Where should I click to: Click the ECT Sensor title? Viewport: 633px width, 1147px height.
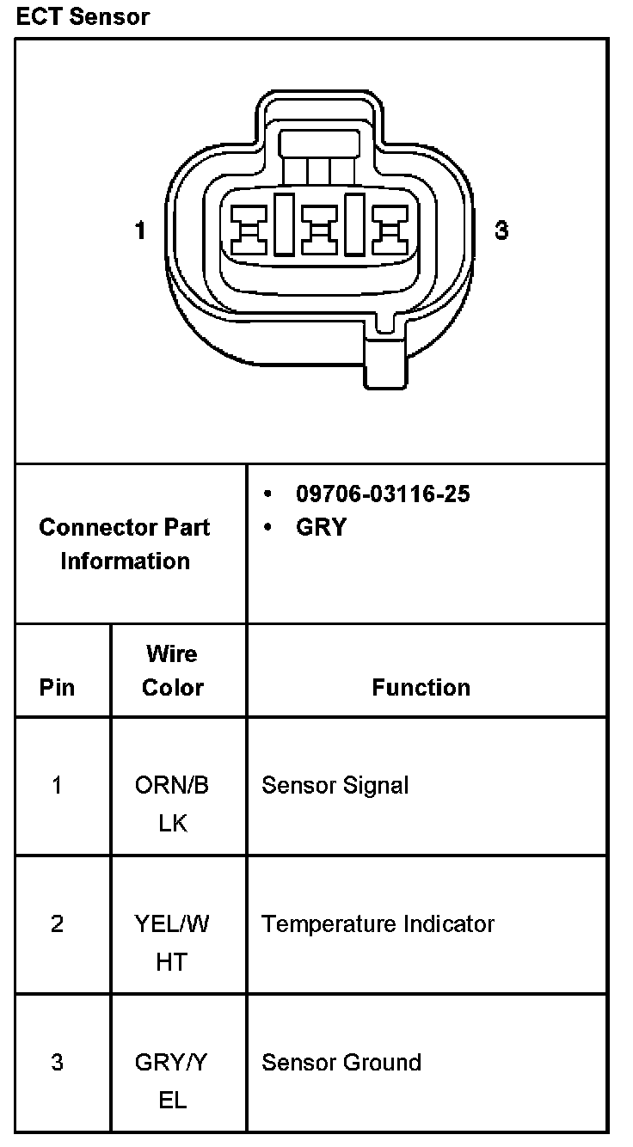click(x=83, y=17)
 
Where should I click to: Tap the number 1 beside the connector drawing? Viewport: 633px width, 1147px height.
click(x=140, y=230)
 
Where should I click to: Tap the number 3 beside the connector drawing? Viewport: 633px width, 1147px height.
click(x=501, y=230)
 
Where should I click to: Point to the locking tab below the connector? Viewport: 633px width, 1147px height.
click(x=384, y=361)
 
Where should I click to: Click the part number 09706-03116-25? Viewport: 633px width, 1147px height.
click(x=383, y=494)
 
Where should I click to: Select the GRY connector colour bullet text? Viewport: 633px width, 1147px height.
click(x=321, y=527)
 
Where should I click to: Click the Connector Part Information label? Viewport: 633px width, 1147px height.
click(x=125, y=543)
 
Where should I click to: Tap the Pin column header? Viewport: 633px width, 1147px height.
click(x=57, y=688)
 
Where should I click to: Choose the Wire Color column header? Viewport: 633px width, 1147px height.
click(x=172, y=671)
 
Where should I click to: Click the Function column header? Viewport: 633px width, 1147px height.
click(x=421, y=688)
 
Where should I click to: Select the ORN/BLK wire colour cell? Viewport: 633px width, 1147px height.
click(x=172, y=803)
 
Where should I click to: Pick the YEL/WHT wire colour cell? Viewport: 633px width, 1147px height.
click(x=172, y=942)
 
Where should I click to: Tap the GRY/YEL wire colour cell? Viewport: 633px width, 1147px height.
click(x=172, y=1081)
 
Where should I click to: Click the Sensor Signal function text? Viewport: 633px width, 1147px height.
click(x=335, y=785)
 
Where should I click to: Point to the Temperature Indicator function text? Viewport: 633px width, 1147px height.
click(x=378, y=924)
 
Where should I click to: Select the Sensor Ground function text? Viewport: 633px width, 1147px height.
click(x=341, y=1063)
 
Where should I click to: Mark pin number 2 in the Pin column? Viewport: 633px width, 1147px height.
click(x=57, y=924)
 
